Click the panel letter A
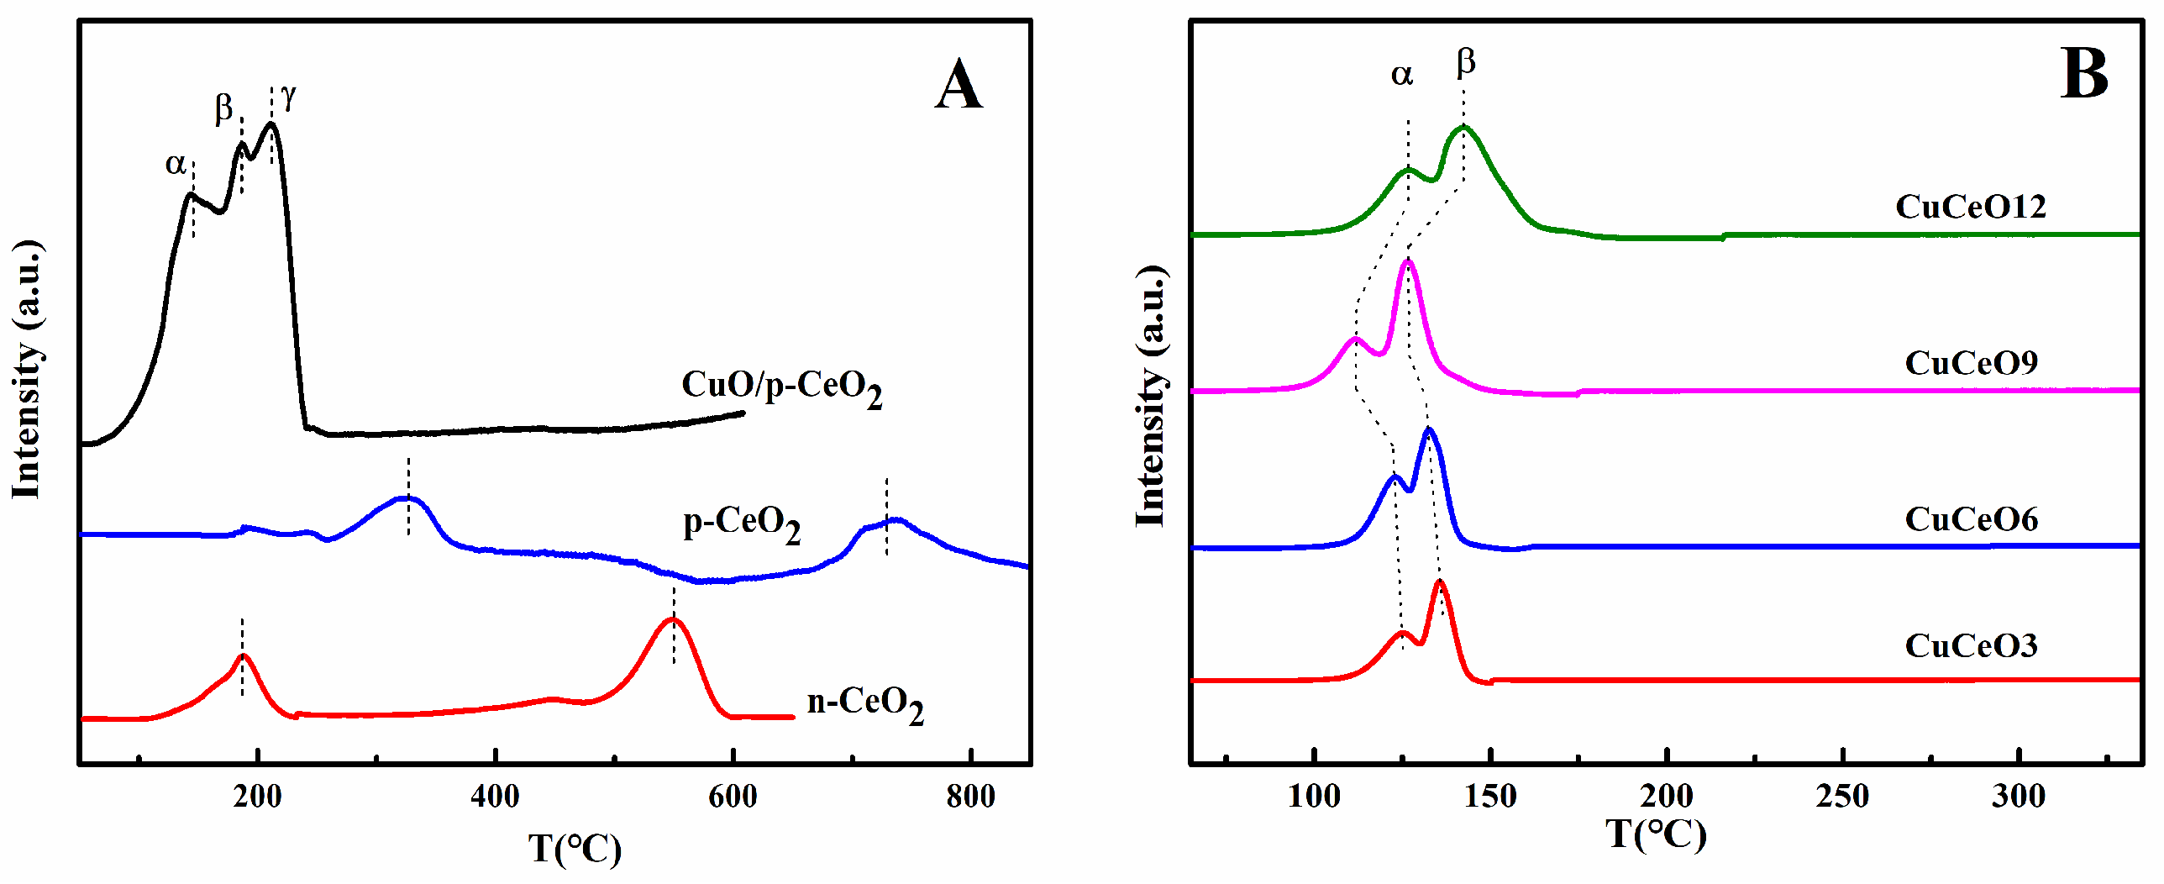pos(959,86)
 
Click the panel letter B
pos(2084,75)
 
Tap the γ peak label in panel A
pos(289,97)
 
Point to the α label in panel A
pos(176,163)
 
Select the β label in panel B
pos(1466,61)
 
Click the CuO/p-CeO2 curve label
pos(781,388)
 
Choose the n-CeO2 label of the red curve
pos(865,704)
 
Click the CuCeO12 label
pos(1971,207)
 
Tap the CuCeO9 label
pos(1971,363)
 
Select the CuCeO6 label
pos(1971,519)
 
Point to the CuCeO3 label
pos(1971,645)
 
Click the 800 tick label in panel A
pos(970,796)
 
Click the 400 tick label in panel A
pos(495,796)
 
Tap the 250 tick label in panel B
pos(1842,796)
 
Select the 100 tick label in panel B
pos(1314,796)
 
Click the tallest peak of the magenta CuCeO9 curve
pos(1408,262)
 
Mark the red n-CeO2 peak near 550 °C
pos(672,620)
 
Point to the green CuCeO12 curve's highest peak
pos(1463,128)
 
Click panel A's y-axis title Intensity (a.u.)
pos(26,370)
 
